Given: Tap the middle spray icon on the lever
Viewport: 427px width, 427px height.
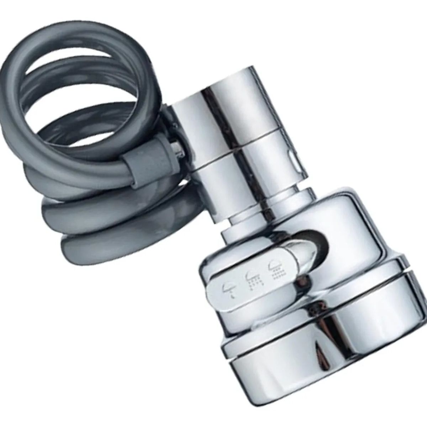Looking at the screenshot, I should (251, 277).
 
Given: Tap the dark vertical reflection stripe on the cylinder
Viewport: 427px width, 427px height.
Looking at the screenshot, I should (206, 117).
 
